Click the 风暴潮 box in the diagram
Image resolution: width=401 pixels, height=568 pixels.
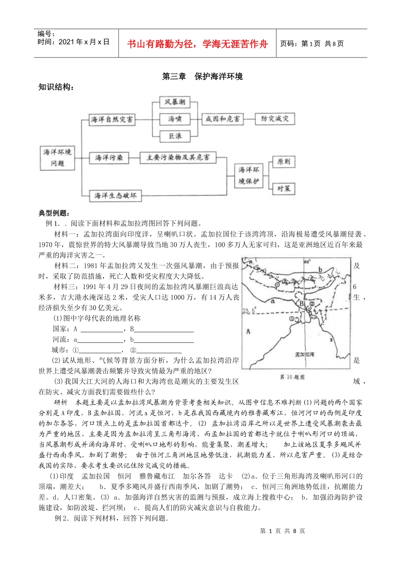175,102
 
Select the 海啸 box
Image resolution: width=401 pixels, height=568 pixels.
175,119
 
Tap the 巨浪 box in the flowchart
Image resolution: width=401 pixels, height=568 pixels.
175,136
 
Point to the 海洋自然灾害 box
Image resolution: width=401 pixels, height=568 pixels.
112,120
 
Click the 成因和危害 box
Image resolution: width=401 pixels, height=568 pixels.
222,119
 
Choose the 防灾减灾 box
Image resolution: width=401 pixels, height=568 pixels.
275,119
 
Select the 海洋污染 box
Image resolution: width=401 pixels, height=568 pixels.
109,158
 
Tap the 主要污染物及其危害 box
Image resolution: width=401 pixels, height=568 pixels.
178,158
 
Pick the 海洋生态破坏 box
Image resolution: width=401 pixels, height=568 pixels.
115,196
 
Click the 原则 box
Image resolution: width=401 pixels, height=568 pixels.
284,162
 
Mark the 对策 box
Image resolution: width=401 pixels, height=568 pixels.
284,188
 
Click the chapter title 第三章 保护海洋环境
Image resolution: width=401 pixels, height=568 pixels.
203,76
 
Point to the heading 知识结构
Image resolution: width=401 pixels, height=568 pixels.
57,87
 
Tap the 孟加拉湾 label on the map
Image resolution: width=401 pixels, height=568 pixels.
304,354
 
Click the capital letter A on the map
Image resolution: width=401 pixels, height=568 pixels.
248,331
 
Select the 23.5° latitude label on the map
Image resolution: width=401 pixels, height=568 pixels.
248,311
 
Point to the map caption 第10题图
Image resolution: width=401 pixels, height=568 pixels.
292,377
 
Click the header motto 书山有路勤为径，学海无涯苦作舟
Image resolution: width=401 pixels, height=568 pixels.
198,44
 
